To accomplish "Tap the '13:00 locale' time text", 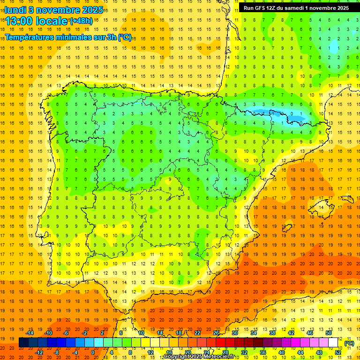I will [37, 21].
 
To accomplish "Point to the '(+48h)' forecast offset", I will [81, 21].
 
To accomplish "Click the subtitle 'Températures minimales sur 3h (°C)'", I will [68, 37].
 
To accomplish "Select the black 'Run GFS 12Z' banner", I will [296, 8].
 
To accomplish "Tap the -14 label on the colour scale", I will [30, 333].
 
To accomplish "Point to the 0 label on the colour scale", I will [93, 352].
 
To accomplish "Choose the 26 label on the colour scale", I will [216, 333].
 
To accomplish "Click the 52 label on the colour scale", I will [338, 352].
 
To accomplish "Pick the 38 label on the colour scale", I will [272, 333].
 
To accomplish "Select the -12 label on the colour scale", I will [39, 352].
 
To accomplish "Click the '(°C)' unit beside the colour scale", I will [349, 343].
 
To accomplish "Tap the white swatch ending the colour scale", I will [333, 343].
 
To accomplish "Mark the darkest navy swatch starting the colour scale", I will [23, 343].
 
